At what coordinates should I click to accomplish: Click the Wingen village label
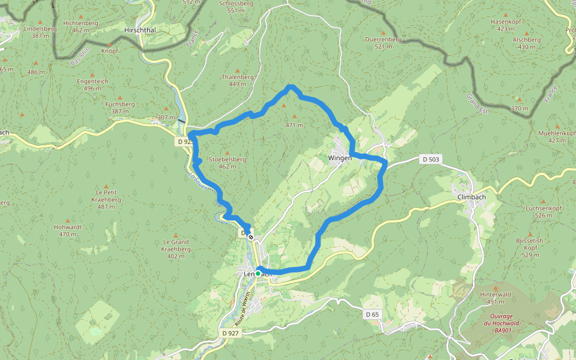(340, 158)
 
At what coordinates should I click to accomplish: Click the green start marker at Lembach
(258, 274)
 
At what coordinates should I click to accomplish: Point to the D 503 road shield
(431, 159)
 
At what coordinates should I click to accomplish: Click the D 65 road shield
(373, 314)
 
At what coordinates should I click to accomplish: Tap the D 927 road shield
(231, 332)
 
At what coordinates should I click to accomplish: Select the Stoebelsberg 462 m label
(227, 163)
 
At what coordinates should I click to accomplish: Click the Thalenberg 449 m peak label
(238, 80)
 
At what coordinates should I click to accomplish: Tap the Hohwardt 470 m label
(68, 230)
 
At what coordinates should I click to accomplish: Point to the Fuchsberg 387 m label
(119, 107)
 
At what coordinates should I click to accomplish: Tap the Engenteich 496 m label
(92, 85)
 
